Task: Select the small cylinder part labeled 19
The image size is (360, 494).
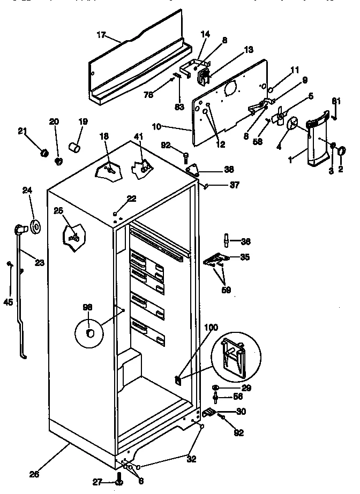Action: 75,147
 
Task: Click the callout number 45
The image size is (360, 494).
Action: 8,301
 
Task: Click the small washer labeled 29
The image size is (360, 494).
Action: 216,386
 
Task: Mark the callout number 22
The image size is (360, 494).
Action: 131,199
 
